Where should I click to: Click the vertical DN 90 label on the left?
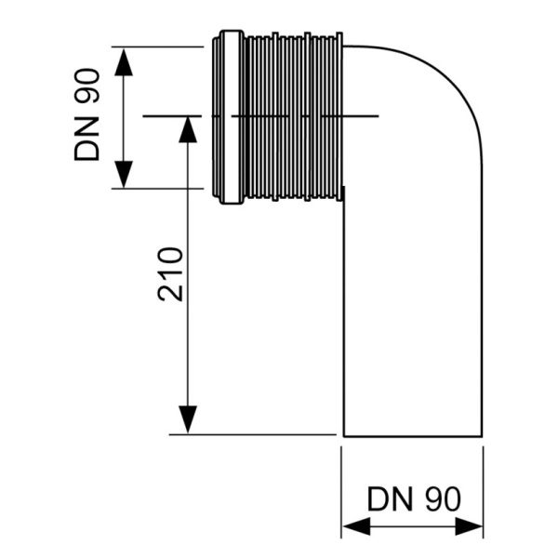(88, 116)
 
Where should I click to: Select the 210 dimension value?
(169, 274)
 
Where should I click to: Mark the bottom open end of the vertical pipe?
(414, 434)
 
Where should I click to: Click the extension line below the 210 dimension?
(251, 434)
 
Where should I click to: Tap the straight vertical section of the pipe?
(414, 307)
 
